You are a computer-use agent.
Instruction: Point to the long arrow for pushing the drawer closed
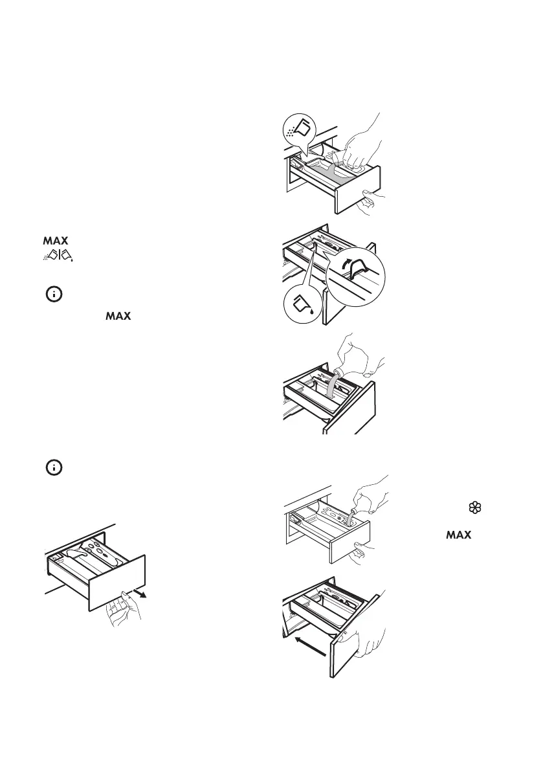pos(309,645)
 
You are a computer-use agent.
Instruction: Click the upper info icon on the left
pos(54,295)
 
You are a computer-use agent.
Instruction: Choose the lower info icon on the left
pos(54,467)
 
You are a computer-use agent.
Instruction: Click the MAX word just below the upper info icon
pos(118,317)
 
